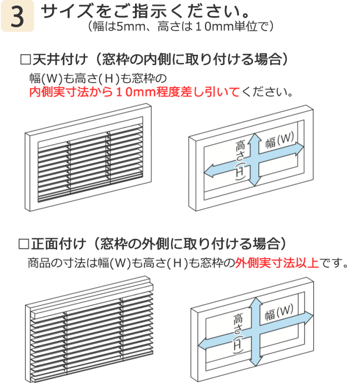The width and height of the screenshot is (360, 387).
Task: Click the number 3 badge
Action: coord(17,17)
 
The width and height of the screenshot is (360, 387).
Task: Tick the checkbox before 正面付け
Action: coord(24,245)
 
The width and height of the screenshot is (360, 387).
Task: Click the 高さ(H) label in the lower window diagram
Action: coord(239,331)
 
